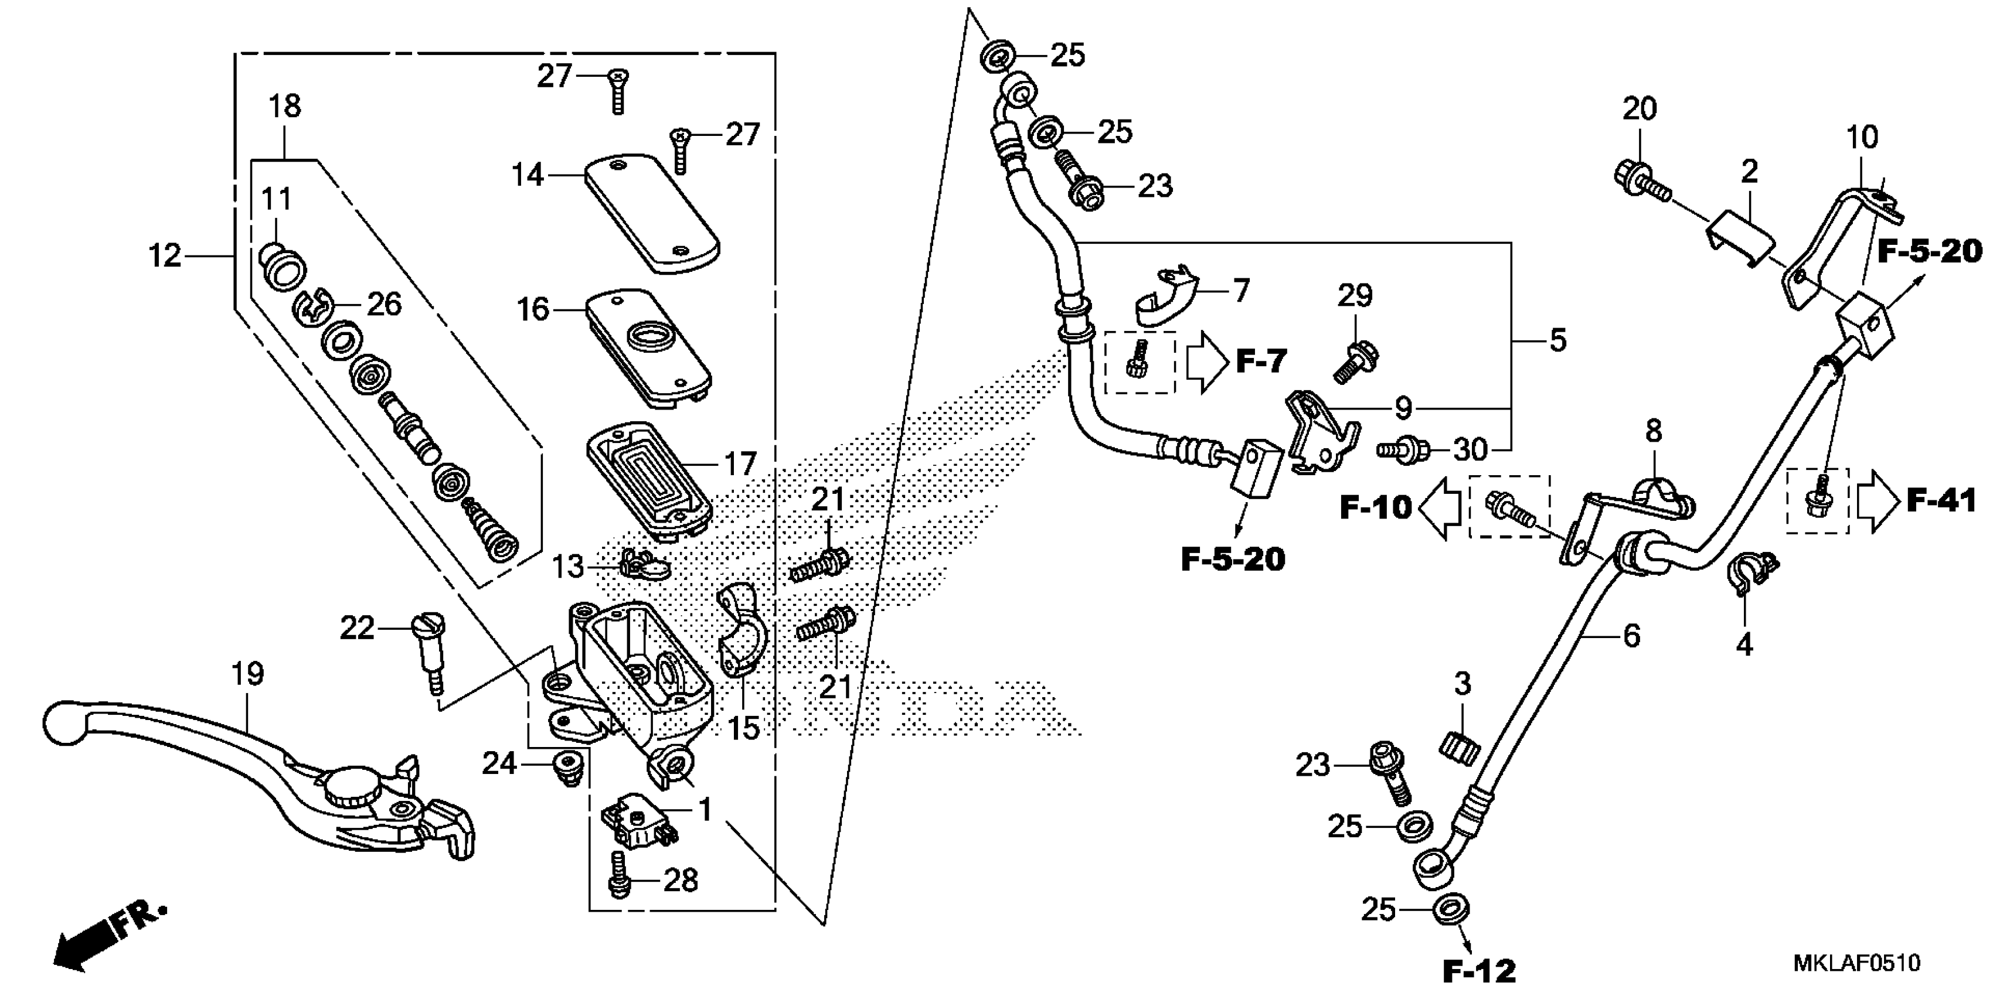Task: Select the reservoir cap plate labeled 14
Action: [651, 212]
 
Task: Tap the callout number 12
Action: [165, 255]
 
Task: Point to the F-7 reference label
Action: [1261, 360]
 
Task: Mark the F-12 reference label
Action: [1480, 970]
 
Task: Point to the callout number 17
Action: [740, 464]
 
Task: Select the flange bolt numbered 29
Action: [1355, 362]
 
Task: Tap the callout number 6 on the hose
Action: [1631, 636]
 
